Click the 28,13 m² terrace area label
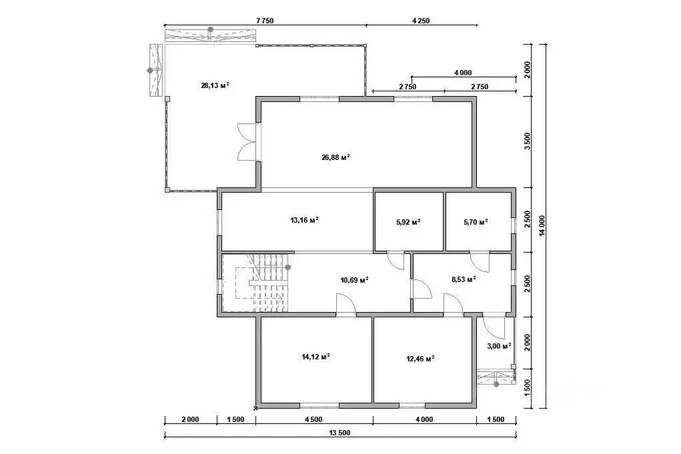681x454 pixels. point(215,85)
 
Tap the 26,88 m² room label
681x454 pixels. point(335,157)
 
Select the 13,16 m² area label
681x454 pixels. point(304,219)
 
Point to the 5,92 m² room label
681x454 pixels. point(408,222)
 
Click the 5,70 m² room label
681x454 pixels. point(476,222)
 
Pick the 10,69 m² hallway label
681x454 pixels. point(354,280)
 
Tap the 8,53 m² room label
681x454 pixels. point(464,279)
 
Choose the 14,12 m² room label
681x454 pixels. point(315,357)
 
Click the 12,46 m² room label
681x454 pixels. point(420,359)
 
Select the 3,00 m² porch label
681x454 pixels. point(499,346)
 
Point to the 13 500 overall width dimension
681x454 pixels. point(339,433)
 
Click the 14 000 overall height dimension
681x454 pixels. point(542,226)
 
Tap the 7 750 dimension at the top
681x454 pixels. point(265,21)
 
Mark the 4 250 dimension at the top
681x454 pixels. point(420,21)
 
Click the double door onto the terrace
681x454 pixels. point(248,143)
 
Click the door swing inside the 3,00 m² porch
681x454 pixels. point(494,328)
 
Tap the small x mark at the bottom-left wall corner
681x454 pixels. point(256,408)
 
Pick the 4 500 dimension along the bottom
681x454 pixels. point(313,419)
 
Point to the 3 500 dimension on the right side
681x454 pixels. point(527,141)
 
